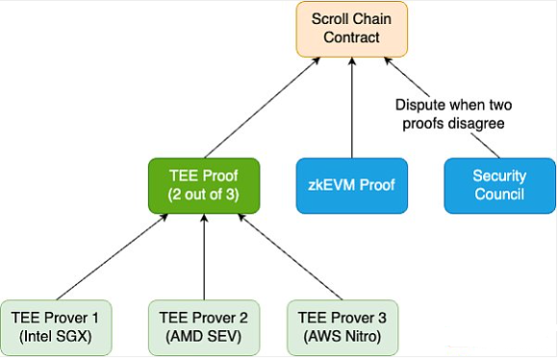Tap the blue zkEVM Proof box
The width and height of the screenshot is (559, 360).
[x=352, y=185]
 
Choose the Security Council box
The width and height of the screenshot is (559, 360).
[x=498, y=185]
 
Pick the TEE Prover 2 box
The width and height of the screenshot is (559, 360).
[x=203, y=325]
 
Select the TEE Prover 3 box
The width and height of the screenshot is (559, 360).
[x=342, y=325]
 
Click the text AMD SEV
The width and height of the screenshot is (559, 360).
[x=203, y=335]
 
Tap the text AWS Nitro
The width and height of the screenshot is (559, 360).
[x=342, y=335]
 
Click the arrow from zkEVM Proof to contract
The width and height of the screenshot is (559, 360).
[x=353, y=106]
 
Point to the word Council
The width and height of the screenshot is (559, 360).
[x=498, y=194]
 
